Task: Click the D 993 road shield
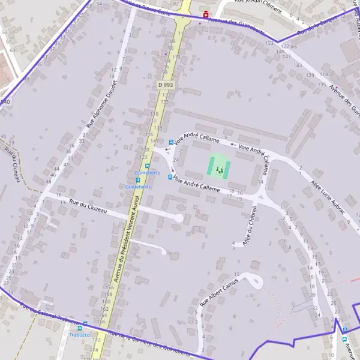coord(165,85)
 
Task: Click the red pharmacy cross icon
coord(206,14)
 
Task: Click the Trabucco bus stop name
coord(79,335)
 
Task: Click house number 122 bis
coord(289,46)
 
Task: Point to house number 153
coord(269,43)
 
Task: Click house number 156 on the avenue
coord(109,288)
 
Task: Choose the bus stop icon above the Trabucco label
coord(85,324)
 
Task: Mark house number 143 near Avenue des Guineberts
coord(298,65)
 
